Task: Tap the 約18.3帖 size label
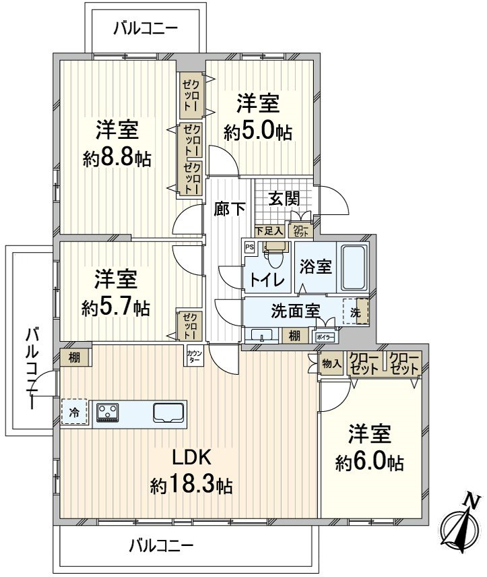click(x=192, y=485)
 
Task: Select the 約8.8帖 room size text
click(x=117, y=158)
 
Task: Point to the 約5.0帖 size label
click(x=258, y=131)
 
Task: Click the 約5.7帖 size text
click(x=116, y=308)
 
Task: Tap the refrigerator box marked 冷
click(x=75, y=413)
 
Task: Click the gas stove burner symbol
click(x=108, y=411)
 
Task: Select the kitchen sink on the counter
click(x=167, y=411)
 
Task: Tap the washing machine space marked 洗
click(x=356, y=313)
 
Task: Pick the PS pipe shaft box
click(x=249, y=247)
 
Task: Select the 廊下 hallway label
click(x=230, y=209)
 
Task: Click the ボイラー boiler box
click(x=324, y=335)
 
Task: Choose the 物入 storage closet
click(x=331, y=364)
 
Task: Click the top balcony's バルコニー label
click(x=145, y=28)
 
